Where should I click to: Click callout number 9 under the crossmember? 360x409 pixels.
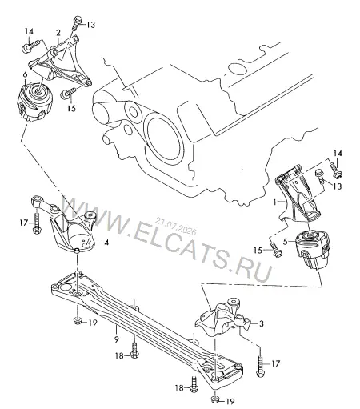[x=116, y=339]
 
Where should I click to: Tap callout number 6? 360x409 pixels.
[x=25, y=74]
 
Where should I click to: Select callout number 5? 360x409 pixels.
[x=286, y=242]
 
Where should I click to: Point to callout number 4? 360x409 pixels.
[x=106, y=243]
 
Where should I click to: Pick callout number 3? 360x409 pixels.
[x=261, y=323]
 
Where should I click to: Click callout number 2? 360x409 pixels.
[x=58, y=33]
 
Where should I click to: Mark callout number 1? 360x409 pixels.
[x=275, y=202]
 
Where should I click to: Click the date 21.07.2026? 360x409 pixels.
[x=176, y=226]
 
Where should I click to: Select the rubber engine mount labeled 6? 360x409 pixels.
[x=34, y=102]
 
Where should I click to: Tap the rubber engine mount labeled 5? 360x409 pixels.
[x=314, y=251]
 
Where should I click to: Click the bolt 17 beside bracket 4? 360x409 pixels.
[x=37, y=223]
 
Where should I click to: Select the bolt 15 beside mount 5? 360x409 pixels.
[x=275, y=249]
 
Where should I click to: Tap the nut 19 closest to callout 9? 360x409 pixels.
[x=78, y=320]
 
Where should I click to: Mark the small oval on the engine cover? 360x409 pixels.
[x=238, y=69]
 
